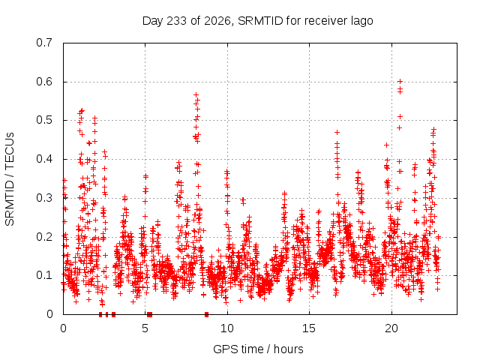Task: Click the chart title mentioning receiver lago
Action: tap(258, 21)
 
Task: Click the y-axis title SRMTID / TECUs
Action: tap(10, 179)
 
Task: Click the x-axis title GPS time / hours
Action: tap(258, 349)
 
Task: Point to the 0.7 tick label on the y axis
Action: tap(44, 43)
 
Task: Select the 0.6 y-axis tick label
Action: tap(44, 82)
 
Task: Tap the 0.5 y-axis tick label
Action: tap(44, 120)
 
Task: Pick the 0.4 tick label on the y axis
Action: tap(44, 159)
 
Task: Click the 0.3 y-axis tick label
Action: tap(44, 198)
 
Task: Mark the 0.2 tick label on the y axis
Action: tap(44, 237)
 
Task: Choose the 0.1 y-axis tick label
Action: tap(44, 275)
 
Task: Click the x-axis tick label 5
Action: tap(145, 328)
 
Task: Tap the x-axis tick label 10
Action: tap(227, 328)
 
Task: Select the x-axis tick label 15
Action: tap(309, 328)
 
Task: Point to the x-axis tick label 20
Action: tap(391, 328)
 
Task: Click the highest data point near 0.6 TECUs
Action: tap(400, 82)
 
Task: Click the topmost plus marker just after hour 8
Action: tap(196, 95)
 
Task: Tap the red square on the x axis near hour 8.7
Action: tap(207, 314)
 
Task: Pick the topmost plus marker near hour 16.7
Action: tap(337, 132)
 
